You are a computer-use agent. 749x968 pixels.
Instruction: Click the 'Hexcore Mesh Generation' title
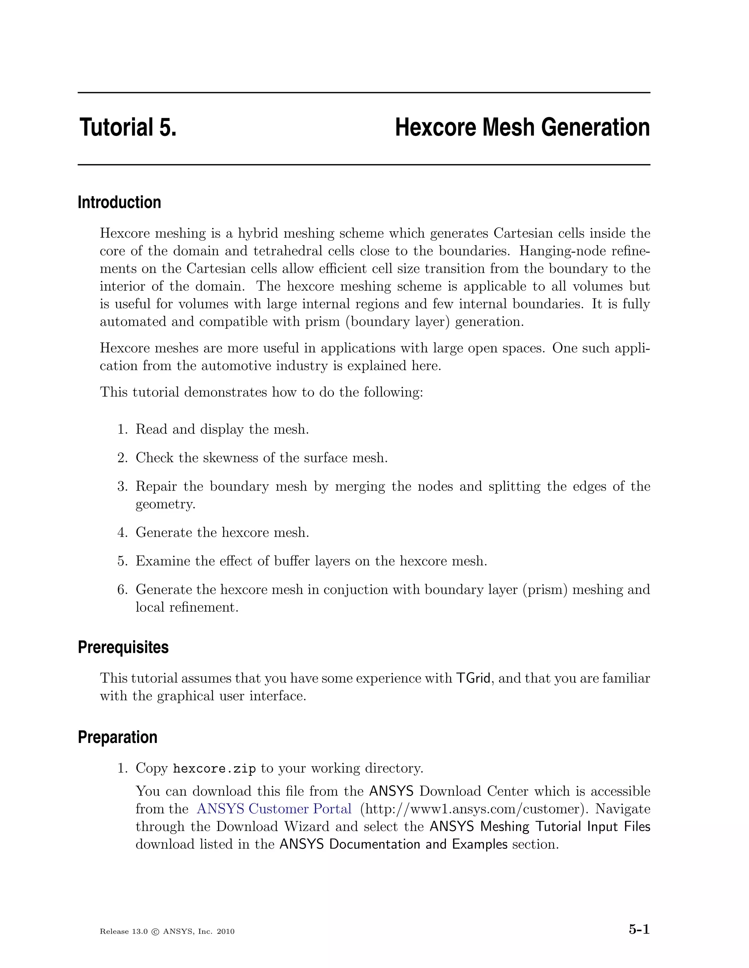pyautogui.click(x=522, y=127)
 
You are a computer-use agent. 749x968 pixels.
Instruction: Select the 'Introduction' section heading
pyautogui.click(x=119, y=203)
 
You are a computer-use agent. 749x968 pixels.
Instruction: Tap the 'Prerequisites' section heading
pyautogui.click(x=123, y=648)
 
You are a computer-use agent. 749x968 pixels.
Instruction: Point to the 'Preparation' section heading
pyautogui.click(x=118, y=738)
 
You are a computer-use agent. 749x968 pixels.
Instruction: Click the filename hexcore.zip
pyautogui.click(x=214, y=769)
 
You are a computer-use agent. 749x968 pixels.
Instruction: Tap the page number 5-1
pyautogui.click(x=639, y=929)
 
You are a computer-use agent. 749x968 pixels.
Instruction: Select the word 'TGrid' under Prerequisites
pyautogui.click(x=473, y=679)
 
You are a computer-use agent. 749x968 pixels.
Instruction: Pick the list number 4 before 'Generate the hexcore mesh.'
pyautogui.click(x=122, y=532)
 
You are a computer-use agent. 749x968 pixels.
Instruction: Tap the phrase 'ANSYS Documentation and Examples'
pyautogui.click(x=393, y=844)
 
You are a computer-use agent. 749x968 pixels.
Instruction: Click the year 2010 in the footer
pyautogui.click(x=226, y=932)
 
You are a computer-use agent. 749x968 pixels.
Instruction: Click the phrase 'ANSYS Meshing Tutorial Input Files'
pyautogui.click(x=540, y=827)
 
